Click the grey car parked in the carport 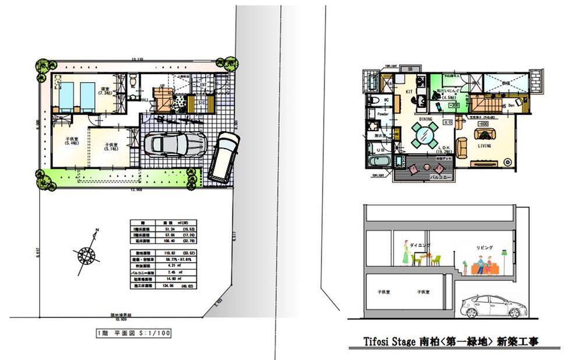point(174,144)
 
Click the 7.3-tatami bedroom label point(106,91)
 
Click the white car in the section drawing point(490,305)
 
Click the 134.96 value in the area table point(167,287)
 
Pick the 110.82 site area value point(167,253)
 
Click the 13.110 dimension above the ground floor point(137,60)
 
